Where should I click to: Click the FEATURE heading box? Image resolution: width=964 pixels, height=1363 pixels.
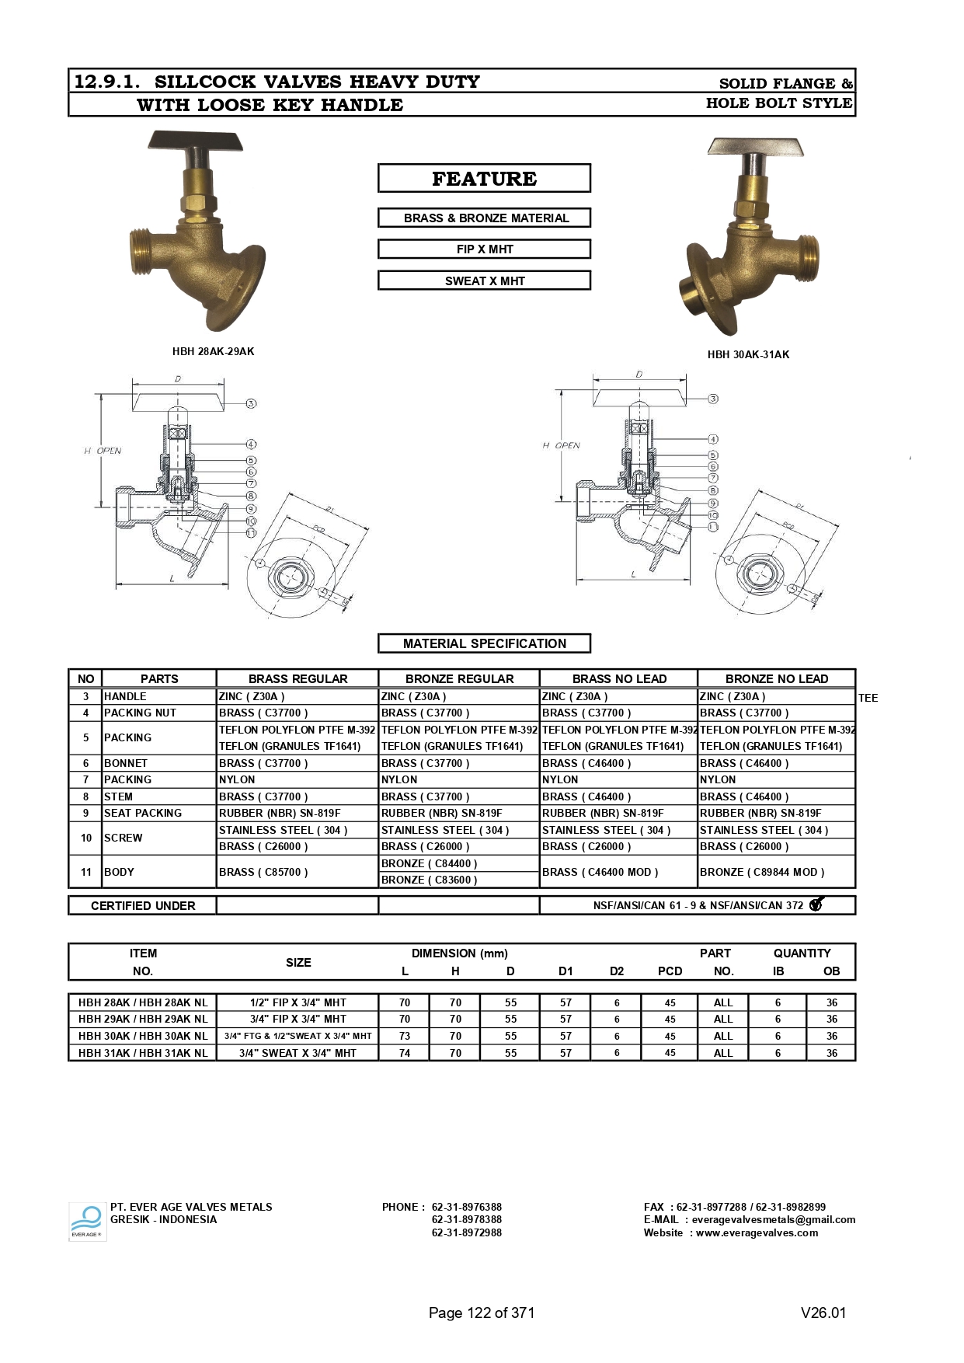click(484, 179)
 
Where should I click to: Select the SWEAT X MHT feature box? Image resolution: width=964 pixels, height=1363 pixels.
click(484, 281)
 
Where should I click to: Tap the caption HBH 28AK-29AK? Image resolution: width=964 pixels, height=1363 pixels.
click(213, 351)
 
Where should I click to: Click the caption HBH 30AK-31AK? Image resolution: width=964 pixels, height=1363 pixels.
click(747, 354)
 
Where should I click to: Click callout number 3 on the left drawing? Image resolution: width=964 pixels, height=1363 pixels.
click(251, 403)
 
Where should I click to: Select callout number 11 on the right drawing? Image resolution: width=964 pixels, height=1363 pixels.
click(713, 527)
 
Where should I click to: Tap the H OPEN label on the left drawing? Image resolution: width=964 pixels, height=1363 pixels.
click(103, 451)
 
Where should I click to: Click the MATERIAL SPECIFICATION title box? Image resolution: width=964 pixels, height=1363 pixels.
click(484, 643)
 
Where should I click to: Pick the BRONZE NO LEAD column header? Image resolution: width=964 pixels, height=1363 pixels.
click(776, 678)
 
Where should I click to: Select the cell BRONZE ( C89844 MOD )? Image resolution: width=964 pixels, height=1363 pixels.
click(762, 872)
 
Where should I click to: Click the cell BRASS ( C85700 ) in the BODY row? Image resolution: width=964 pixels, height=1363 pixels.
click(263, 872)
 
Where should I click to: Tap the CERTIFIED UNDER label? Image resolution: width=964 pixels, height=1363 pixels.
click(143, 905)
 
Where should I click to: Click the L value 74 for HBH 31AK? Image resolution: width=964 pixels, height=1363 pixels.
click(405, 1053)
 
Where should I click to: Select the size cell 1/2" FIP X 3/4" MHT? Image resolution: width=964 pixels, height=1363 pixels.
click(298, 1002)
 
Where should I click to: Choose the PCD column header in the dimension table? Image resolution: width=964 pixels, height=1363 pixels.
click(670, 971)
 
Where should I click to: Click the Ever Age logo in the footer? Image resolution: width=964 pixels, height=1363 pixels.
click(87, 1222)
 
